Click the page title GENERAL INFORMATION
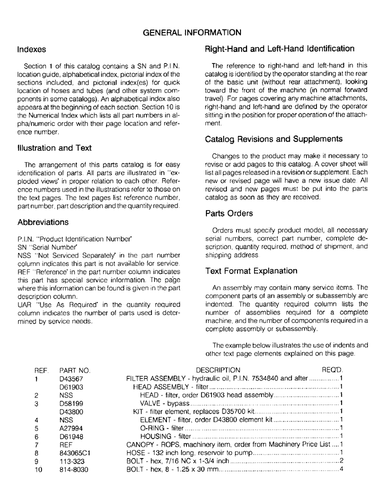point(192,32)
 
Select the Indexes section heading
point(31,50)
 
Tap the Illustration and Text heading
point(54,148)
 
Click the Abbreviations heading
point(43,222)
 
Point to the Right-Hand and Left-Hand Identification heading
point(280,49)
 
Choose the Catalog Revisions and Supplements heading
point(274,139)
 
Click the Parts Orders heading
point(229,213)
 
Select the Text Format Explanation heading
point(251,271)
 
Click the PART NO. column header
point(74,370)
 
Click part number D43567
point(71,378)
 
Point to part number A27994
point(70,428)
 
